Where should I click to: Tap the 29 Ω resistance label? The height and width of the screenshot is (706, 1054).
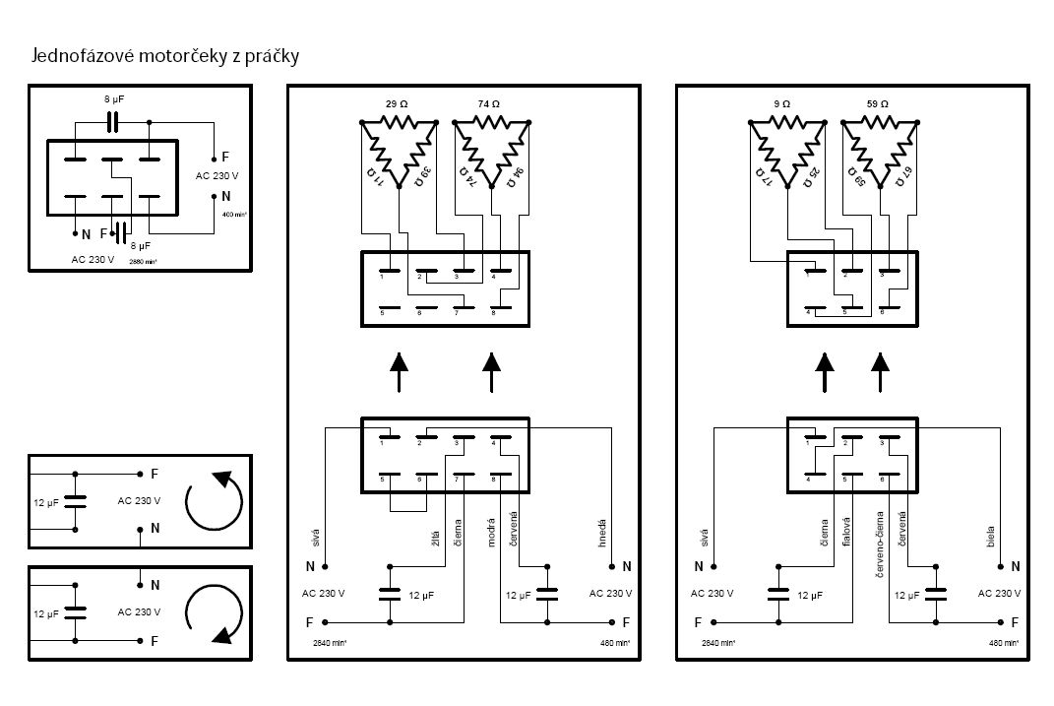point(396,103)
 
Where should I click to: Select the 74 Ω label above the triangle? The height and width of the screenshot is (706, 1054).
point(489,103)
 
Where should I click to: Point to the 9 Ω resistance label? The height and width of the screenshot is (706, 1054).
point(782,103)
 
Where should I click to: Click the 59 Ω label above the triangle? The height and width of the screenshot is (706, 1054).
point(878,103)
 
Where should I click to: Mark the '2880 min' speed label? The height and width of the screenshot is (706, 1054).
point(144,262)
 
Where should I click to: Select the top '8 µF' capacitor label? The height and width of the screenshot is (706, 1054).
point(115,99)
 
